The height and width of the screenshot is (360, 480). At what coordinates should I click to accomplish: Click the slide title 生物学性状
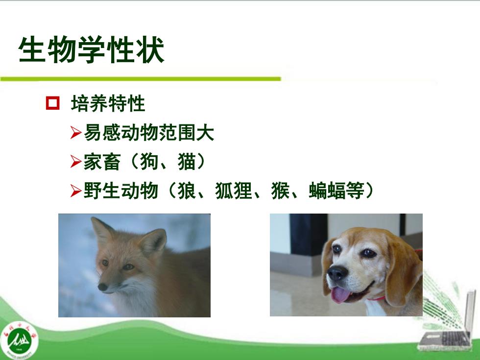(91, 50)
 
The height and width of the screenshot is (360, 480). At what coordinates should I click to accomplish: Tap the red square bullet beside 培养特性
(53, 103)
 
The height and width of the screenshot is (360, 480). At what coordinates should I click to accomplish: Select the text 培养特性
(108, 103)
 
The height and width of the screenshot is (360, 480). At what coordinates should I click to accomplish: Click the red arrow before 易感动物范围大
(76, 133)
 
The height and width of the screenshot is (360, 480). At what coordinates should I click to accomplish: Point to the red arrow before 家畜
(76, 161)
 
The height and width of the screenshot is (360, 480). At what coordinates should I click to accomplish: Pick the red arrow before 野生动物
(76, 191)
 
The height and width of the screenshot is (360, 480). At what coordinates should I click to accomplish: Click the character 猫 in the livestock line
(187, 161)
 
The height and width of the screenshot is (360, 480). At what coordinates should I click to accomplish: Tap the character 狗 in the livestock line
(149, 161)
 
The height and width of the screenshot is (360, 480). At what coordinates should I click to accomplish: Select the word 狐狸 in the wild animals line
(234, 191)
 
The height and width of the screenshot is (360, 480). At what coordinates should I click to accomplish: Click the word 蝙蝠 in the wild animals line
(327, 191)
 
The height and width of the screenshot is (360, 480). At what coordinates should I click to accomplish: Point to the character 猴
(280, 191)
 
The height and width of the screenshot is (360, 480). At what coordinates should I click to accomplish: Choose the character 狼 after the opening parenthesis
(187, 191)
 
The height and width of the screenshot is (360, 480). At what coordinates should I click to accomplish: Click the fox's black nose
(102, 287)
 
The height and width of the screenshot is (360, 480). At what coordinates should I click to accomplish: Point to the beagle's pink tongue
(340, 294)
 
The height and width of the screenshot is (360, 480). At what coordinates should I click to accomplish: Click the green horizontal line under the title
(141, 79)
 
